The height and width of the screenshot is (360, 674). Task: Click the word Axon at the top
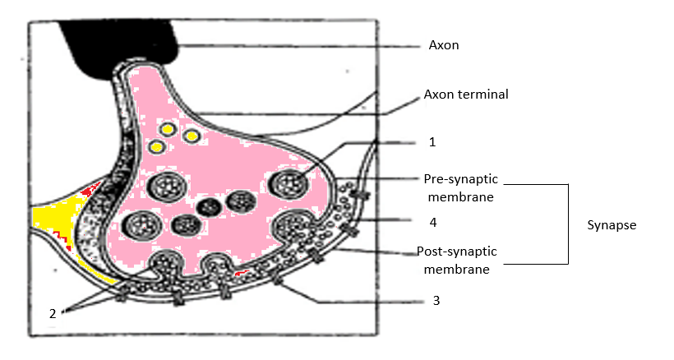(x=444, y=45)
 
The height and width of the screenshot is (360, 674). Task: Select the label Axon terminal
(x=466, y=95)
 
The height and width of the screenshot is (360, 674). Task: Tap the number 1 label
(x=432, y=142)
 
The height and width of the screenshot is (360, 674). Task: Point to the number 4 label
(x=432, y=221)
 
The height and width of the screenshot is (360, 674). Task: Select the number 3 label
(x=436, y=301)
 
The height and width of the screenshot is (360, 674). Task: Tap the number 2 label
(x=53, y=313)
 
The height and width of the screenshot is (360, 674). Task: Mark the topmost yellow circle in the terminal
(x=167, y=129)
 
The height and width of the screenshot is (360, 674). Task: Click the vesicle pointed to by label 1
(x=289, y=183)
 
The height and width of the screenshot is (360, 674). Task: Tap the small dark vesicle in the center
(x=208, y=205)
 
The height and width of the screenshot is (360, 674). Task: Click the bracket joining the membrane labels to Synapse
(x=567, y=224)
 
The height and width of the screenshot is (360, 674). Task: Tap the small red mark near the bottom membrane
(x=240, y=271)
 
